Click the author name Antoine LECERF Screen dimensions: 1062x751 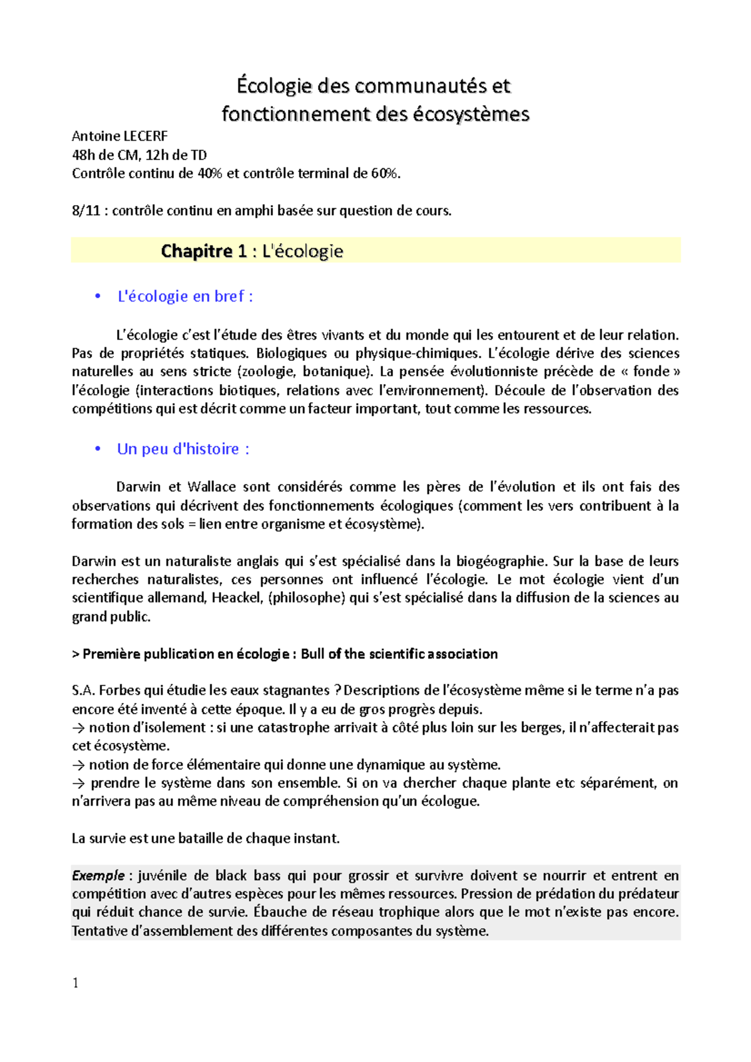tap(120, 136)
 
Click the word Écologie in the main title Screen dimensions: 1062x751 tap(273, 86)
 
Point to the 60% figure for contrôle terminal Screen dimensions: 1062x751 tap(384, 174)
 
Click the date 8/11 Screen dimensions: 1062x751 tap(86, 211)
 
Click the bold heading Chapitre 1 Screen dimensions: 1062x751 tap(204, 251)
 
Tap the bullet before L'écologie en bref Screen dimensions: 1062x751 tap(98, 296)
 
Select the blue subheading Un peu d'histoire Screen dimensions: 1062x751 tap(183, 449)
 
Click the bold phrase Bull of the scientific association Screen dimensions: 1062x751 tap(399, 654)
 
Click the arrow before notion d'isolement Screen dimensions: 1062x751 tap(78, 728)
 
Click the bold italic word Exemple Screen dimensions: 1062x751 tap(98, 876)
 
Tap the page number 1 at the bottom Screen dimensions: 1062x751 tap(76, 983)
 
